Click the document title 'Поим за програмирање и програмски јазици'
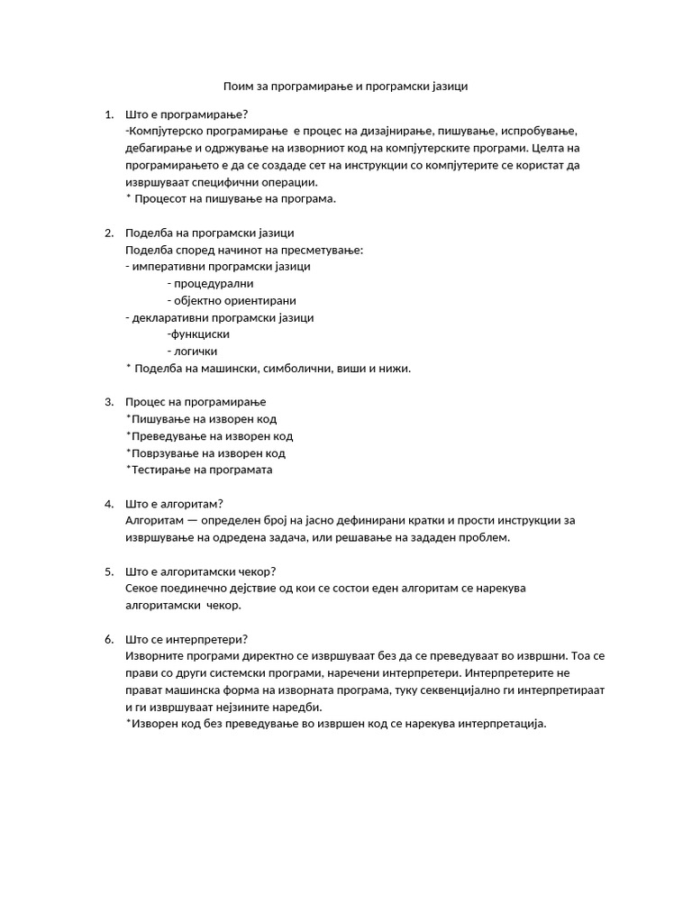(346, 87)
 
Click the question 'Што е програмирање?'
(187, 114)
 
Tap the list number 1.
(108, 114)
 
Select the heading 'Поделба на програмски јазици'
(210, 233)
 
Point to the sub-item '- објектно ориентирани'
(232, 300)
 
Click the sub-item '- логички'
(192, 352)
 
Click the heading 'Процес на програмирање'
(196, 402)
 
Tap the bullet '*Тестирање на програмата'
(199, 470)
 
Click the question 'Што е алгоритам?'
(175, 504)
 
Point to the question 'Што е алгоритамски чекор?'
(201, 571)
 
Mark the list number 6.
(108, 639)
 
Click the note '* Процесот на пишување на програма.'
(231, 198)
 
